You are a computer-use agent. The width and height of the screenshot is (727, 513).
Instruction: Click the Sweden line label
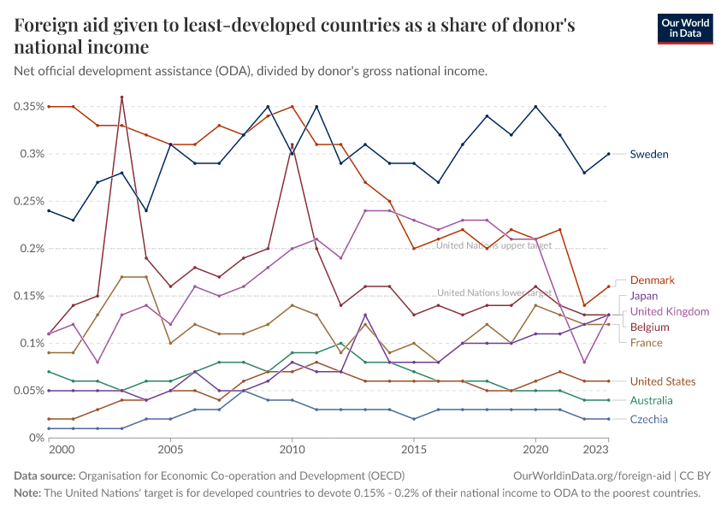[649, 155]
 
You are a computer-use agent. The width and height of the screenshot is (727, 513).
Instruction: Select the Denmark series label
[653, 280]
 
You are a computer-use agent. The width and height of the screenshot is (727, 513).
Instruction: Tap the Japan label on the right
[644, 296]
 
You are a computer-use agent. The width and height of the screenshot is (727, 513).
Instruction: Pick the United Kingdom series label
[670, 311]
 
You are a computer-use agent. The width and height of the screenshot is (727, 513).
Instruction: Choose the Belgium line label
[649, 327]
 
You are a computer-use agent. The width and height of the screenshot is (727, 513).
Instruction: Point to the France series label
[647, 343]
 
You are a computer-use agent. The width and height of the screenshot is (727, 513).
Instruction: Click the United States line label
[663, 381]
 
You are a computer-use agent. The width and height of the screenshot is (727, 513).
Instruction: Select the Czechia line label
[649, 419]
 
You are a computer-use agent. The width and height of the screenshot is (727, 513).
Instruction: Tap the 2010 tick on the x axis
[293, 449]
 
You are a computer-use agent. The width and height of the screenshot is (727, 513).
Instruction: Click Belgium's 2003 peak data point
[122, 97]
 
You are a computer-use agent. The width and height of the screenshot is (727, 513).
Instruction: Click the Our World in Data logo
[685, 28]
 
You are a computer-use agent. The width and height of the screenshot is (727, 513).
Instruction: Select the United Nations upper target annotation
[494, 245]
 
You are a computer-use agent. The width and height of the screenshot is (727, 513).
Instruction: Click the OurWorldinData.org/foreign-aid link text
[591, 475]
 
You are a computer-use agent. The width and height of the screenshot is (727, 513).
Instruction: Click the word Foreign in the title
[49, 26]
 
